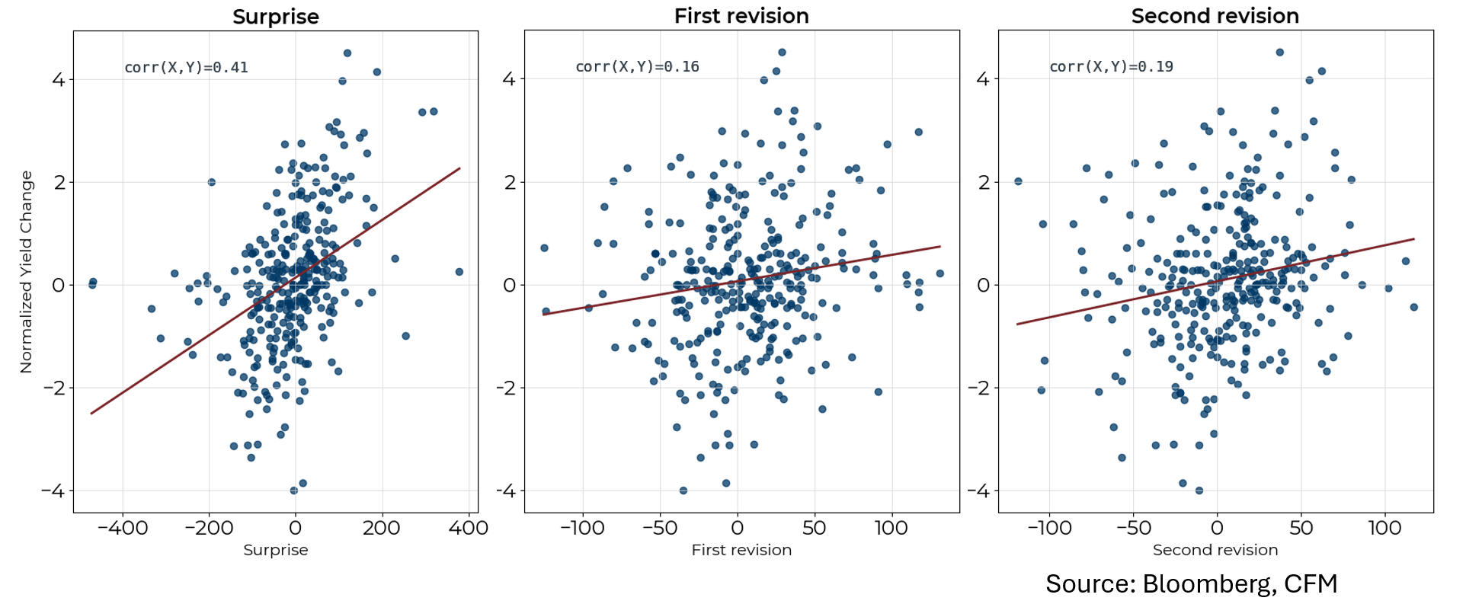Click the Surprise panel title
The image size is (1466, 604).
tap(275, 17)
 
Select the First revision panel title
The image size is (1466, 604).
tap(741, 16)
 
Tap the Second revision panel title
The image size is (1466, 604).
tap(1215, 16)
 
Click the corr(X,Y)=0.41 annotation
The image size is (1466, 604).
tap(186, 68)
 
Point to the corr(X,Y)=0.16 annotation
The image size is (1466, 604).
tap(637, 67)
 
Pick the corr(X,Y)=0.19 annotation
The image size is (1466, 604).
tap(1111, 67)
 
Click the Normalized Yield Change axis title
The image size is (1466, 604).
tap(27, 272)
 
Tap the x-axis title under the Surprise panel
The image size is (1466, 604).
tap(275, 550)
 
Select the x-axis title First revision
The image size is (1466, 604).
tap(741, 550)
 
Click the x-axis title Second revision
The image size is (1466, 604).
tap(1215, 550)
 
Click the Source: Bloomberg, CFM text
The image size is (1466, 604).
tap(1191, 583)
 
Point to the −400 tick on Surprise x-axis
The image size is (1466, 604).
tap(123, 528)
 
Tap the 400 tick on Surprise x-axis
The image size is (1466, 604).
tap(469, 528)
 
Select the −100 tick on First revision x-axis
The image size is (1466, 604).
tap(582, 528)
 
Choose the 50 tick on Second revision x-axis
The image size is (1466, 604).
tap(1301, 528)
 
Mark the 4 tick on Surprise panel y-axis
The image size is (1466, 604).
tap(59, 79)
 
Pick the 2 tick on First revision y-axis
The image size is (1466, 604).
tap(510, 182)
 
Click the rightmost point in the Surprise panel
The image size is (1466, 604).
tap(459, 272)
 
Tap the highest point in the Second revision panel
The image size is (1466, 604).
tap(1279, 53)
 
